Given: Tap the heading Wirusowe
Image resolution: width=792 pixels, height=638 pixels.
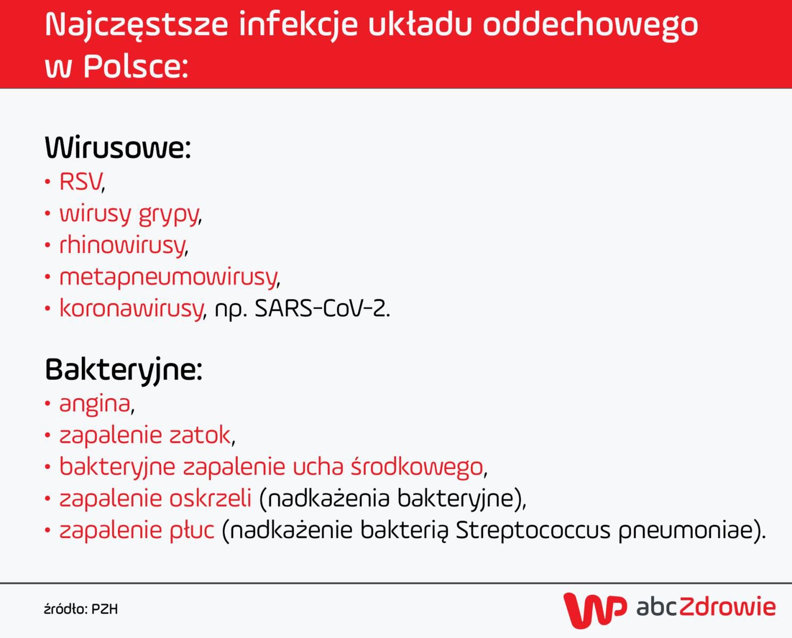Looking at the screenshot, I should coord(117,147).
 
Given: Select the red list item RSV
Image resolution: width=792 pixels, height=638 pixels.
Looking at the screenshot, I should coord(80,182).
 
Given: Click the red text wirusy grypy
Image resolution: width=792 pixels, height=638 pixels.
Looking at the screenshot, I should coord(129,214).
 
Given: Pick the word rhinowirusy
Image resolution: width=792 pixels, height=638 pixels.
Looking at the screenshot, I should coord(122,246).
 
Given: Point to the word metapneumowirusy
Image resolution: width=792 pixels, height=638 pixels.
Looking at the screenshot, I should coord(168,277).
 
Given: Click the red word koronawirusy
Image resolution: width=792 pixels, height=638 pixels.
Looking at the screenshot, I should coord(131,308).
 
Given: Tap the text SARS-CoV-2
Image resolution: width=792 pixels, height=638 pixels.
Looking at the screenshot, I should coord(322,308).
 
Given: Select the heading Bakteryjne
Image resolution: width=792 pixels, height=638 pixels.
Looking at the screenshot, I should coord(123,369).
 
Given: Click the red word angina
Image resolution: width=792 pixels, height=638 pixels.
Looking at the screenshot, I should coord(95,404).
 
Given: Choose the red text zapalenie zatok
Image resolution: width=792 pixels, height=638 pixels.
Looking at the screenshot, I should coord(145,435).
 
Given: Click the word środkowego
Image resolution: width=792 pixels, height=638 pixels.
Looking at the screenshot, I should coord(417,467).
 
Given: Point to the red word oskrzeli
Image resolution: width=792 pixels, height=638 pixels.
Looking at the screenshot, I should coord(210,498).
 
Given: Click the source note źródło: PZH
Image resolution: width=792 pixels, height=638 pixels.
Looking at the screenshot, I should coord(81,609).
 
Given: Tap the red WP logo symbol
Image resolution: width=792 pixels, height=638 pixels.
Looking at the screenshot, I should coord(594,609).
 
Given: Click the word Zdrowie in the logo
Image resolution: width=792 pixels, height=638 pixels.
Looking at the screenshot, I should coord(727,607).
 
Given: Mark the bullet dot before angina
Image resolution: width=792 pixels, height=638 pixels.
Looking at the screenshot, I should coord(48,404).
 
